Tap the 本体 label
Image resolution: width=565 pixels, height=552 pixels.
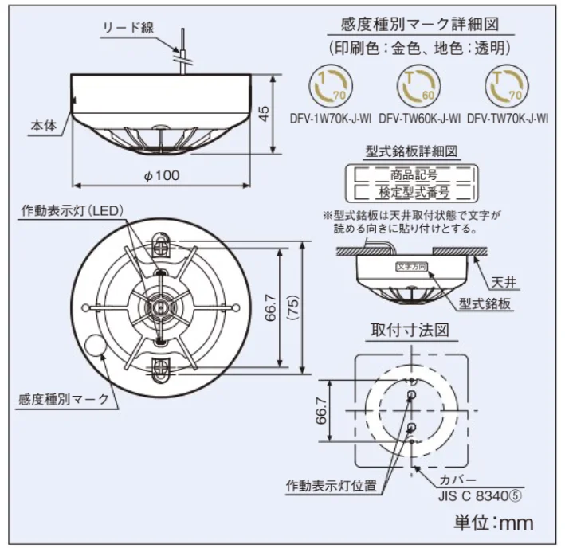[x=43, y=126]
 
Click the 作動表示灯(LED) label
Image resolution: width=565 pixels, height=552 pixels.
[x=72, y=212]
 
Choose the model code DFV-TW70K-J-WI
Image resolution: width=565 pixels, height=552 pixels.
[x=508, y=119]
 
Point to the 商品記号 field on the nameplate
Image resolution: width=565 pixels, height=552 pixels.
[x=411, y=172]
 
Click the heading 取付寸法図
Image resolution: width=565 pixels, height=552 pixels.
[x=410, y=329]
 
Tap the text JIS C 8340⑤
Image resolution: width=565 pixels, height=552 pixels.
[x=477, y=494]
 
